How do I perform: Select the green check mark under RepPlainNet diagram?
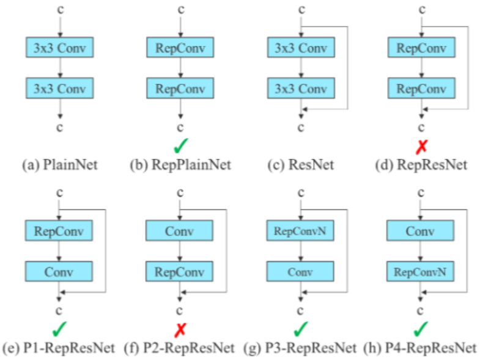[179, 145]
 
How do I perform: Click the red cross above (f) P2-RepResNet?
[180, 330]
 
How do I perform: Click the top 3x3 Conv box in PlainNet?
[59, 47]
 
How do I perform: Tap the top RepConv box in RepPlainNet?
[179, 47]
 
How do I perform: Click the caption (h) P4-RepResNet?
[421, 348]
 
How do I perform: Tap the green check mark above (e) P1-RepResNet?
[59, 330]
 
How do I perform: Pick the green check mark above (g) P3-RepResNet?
[300, 330]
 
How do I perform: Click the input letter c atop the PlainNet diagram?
[59, 9]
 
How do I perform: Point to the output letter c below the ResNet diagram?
[300, 128]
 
